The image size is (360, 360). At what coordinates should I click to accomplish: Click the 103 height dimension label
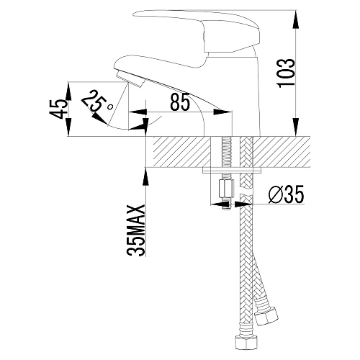(286, 73)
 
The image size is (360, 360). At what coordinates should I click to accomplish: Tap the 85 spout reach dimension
(180, 102)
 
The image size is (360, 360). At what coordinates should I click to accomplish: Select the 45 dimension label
(58, 109)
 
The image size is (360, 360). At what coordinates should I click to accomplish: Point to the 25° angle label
(97, 102)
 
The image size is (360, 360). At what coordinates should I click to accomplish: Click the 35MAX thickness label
(136, 230)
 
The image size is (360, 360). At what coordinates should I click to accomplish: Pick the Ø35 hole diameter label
(286, 194)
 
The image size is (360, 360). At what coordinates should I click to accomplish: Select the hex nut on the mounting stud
(226, 189)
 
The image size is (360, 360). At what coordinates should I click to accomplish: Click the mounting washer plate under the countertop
(232, 170)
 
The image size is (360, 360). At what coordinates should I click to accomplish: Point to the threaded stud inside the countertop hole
(226, 152)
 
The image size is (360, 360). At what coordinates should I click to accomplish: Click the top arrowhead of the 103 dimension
(295, 20)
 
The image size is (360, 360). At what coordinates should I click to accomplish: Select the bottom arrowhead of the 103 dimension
(295, 127)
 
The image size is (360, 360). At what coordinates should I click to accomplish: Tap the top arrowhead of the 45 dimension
(69, 92)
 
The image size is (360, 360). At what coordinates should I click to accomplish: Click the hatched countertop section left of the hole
(179, 152)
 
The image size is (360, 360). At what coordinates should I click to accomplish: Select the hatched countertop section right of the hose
(282, 152)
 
